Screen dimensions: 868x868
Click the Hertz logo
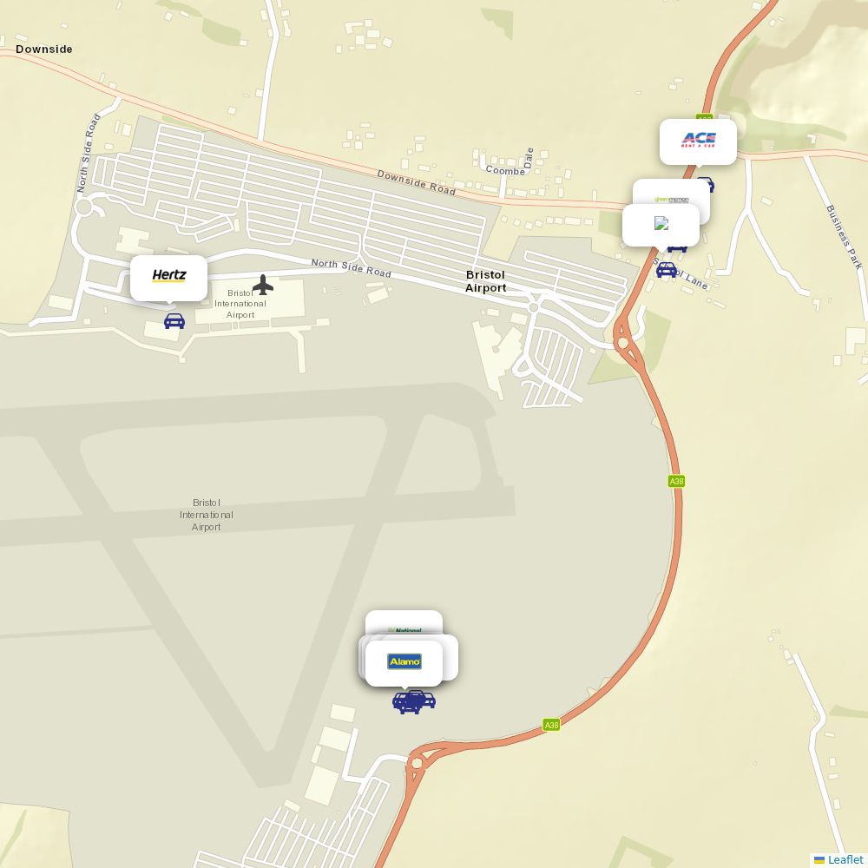pyautogui.click(x=169, y=276)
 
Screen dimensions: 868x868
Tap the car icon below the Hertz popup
pyautogui.click(x=174, y=321)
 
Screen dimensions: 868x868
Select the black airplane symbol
pyautogui.click(x=263, y=285)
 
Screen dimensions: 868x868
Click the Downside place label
pyautogui.click(x=44, y=49)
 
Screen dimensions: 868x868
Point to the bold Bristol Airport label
pyautogui.click(x=485, y=281)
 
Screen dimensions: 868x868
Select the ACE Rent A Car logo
pyautogui.click(x=699, y=140)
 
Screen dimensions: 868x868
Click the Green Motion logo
pyautogui.click(x=671, y=199)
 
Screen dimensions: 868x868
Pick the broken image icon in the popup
pyautogui.click(x=661, y=224)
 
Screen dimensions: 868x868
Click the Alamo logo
pyautogui.click(x=404, y=662)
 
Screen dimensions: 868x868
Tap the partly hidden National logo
pyautogui.click(x=404, y=630)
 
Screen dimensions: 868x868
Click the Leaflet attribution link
pyautogui.click(x=845, y=859)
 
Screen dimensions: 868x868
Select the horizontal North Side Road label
pyautogui.click(x=351, y=268)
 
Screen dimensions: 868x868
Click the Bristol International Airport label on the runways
pyautogui.click(x=207, y=515)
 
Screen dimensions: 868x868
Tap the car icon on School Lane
pyautogui.click(x=667, y=270)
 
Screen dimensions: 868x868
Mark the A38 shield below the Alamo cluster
pyautogui.click(x=551, y=725)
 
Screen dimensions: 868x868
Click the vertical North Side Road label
pyautogui.click(x=88, y=153)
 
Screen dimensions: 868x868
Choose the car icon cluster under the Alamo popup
pyautogui.click(x=411, y=701)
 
